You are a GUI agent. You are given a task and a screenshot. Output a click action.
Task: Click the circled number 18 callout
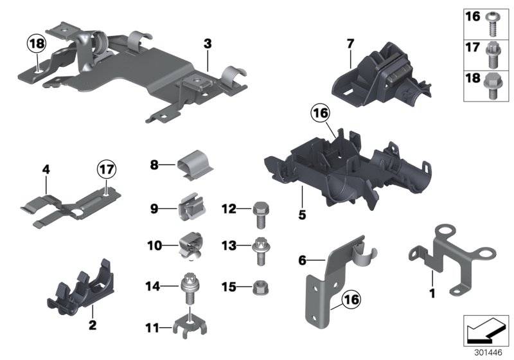pyautogui.click(x=37, y=44)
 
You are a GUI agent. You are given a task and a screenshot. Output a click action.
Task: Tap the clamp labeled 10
pyautogui.click(x=193, y=246)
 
